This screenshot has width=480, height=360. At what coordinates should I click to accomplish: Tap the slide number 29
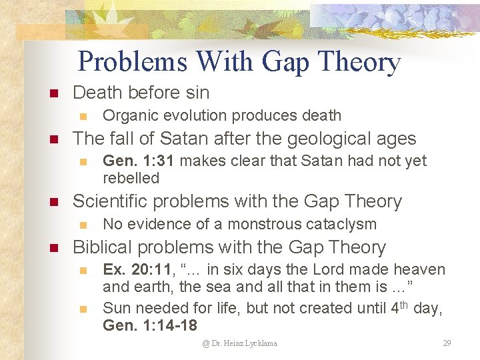tap(447, 343)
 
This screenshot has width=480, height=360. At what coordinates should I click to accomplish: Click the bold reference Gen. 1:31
tap(139, 161)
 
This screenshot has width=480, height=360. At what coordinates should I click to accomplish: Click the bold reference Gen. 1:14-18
tap(150, 325)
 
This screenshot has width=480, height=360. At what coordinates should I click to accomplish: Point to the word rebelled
tap(131, 178)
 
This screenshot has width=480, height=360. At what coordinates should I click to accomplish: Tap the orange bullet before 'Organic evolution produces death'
tap(83, 116)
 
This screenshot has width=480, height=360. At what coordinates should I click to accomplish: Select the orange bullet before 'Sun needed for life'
tap(83, 309)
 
